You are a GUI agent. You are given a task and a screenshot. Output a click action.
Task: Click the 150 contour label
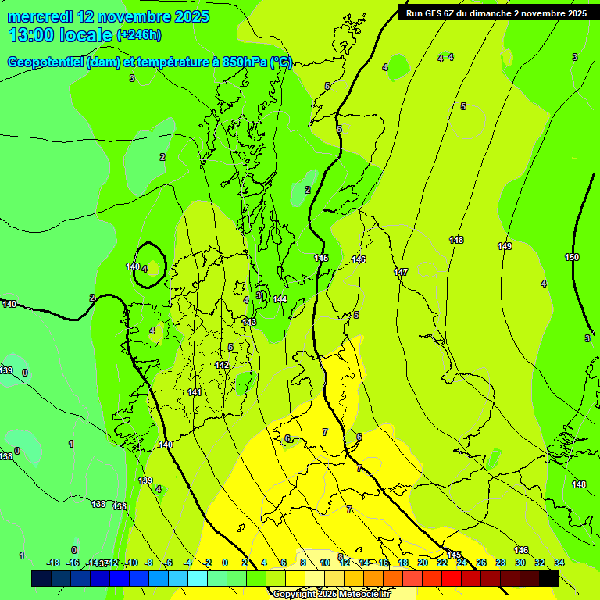point(572,258)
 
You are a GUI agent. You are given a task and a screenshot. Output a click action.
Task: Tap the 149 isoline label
point(505,247)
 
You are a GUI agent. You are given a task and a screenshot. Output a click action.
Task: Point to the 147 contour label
point(401,273)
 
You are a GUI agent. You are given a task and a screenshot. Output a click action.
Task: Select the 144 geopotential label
point(280,300)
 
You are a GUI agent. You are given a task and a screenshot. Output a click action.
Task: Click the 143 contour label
point(249,323)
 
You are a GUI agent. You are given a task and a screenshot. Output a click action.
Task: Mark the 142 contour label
point(222,366)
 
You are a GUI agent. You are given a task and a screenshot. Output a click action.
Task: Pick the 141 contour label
point(195,393)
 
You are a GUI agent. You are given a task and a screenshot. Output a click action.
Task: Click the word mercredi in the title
point(39,16)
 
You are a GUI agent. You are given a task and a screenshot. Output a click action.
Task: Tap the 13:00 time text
point(30,35)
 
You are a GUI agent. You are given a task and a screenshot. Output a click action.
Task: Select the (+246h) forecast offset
point(139,35)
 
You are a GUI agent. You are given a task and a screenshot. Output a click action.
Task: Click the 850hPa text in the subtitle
point(242,63)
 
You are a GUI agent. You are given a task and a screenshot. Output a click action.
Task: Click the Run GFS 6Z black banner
point(496,13)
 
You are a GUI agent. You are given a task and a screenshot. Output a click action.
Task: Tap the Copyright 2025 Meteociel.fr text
point(331,595)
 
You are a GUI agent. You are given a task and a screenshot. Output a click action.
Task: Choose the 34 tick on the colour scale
point(559,562)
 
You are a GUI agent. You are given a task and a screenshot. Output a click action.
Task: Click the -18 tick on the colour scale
point(53,562)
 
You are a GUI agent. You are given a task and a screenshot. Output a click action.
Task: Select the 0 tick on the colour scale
point(224,562)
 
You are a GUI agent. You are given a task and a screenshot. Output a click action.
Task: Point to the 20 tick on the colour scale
point(423,562)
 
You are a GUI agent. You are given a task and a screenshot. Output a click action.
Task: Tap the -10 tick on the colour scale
point(132,562)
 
